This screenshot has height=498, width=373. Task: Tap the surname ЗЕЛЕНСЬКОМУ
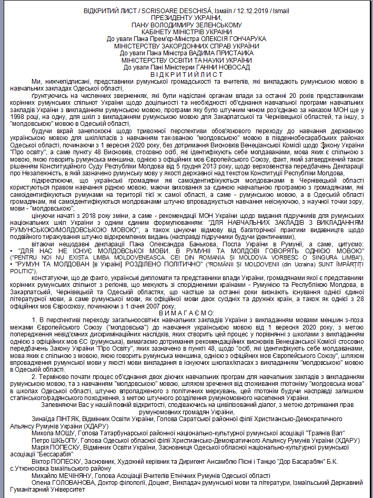point(215,25)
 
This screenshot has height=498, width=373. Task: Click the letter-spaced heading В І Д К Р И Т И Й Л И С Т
point(187,74)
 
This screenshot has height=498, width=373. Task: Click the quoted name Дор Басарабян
point(288,460)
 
